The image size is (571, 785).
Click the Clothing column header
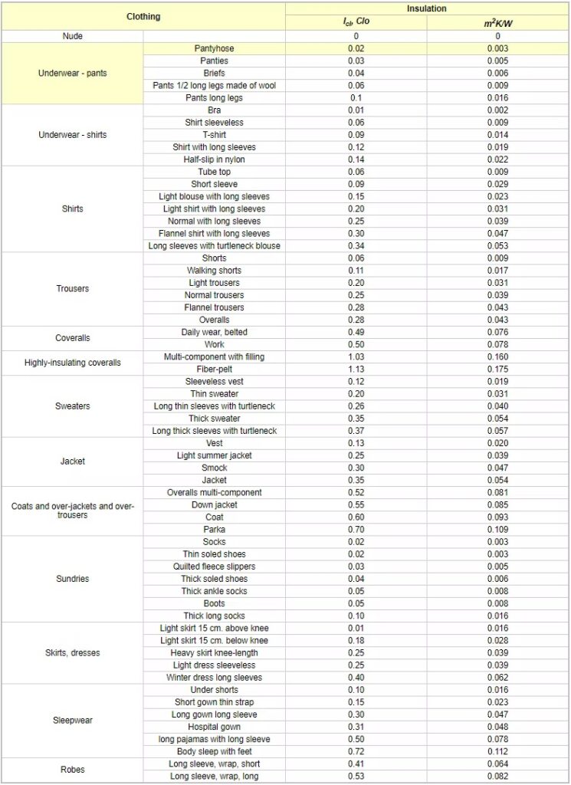click(x=143, y=15)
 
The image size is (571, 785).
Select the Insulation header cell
click(x=427, y=8)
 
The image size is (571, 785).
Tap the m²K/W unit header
click(x=497, y=21)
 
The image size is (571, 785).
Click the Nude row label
click(x=73, y=36)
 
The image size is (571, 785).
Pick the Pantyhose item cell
click(x=214, y=48)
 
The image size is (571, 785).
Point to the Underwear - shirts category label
click(x=73, y=135)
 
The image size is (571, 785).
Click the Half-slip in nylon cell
click(x=214, y=159)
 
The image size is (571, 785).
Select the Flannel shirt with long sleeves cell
click(x=214, y=233)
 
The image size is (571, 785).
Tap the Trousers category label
click(x=73, y=289)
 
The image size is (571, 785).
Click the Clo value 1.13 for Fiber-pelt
click(x=356, y=369)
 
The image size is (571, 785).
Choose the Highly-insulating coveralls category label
click(x=73, y=363)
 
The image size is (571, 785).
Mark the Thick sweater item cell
click(x=214, y=419)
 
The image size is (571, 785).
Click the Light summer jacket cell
click(x=214, y=455)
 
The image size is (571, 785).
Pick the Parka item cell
click(x=214, y=529)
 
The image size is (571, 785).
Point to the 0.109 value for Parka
click(x=497, y=529)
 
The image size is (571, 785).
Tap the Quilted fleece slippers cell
click(x=214, y=567)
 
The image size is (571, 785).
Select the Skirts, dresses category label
click(x=73, y=653)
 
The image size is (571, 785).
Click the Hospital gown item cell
click(x=214, y=727)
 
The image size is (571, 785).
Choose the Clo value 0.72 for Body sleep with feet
click(x=356, y=751)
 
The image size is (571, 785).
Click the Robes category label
click(x=73, y=770)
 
